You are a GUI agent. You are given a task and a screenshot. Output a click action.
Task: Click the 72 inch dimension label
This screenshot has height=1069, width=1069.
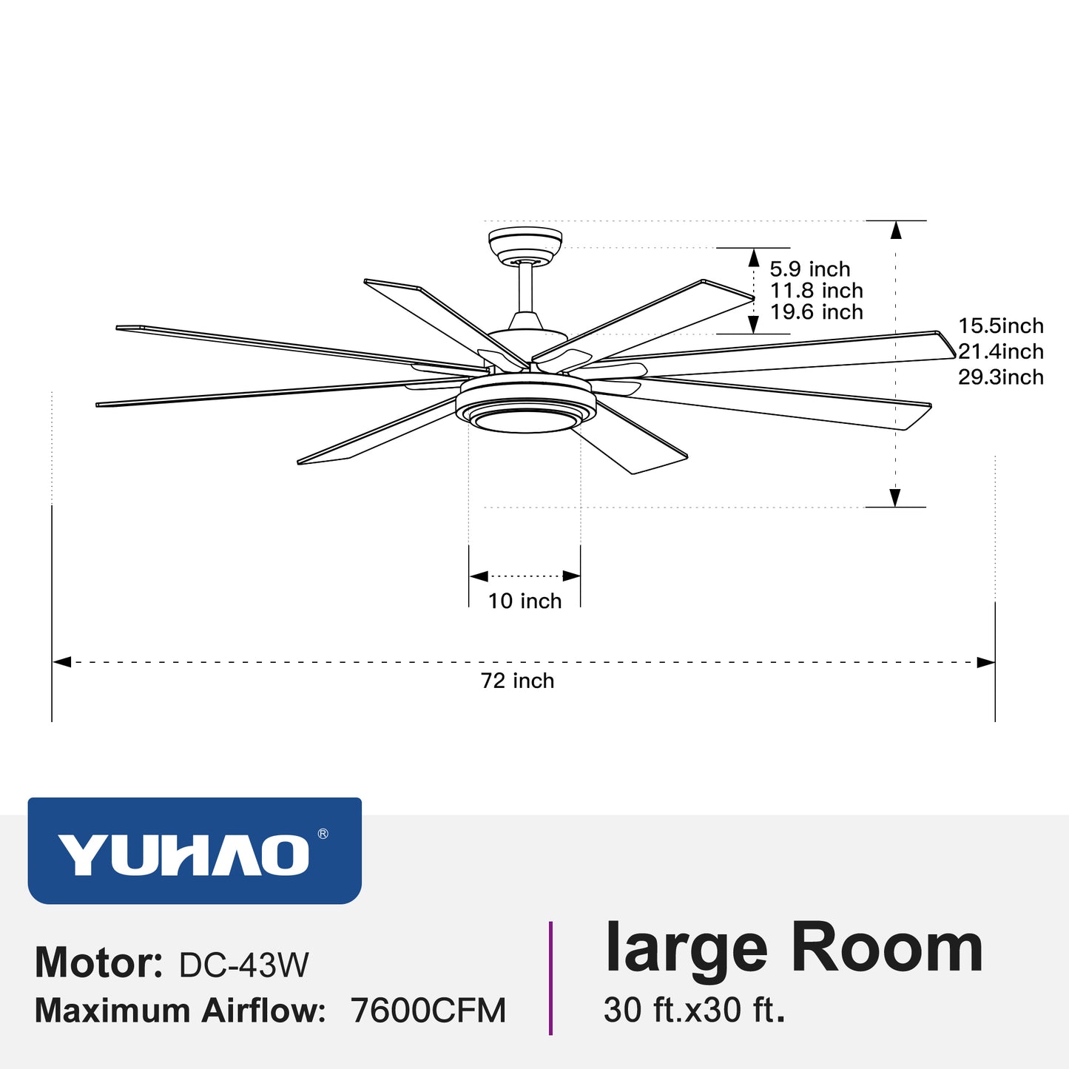[517, 681]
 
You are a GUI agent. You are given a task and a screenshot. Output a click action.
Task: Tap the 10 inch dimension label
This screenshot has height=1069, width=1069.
[525, 601]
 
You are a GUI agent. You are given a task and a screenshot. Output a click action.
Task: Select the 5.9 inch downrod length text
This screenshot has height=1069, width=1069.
[810, 269]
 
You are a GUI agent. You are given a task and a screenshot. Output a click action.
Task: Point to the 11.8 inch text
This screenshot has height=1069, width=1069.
[816, 291]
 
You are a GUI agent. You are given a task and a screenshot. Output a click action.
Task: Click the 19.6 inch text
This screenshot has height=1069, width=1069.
[816, 312]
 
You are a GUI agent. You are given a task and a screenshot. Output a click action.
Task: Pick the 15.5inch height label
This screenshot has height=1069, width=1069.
[1000, 326]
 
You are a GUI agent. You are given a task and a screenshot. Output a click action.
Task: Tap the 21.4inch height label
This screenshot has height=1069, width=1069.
[1000, 351]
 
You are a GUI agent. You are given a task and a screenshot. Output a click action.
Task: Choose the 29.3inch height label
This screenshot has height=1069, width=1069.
[1000, 377]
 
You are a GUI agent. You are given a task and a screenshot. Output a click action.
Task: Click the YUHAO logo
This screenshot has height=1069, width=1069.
[183, 855]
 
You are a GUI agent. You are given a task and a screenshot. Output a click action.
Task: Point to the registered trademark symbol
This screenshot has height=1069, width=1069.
[323, 834]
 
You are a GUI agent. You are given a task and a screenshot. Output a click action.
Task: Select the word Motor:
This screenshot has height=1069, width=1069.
[98, 963]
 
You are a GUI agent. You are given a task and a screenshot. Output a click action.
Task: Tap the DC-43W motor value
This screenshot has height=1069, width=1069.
[243, 965]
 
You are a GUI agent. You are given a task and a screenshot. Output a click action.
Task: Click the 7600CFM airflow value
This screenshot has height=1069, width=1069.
[428, 1011]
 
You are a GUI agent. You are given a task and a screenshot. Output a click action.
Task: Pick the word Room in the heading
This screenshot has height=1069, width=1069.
[887, 948]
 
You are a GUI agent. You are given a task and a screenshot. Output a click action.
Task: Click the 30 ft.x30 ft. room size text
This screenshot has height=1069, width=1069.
[694, 1010]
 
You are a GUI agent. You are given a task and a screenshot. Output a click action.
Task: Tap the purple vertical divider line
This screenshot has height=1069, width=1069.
[550, 977]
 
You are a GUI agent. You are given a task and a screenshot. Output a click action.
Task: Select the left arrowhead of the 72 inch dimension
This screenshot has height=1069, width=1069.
[61, 661]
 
